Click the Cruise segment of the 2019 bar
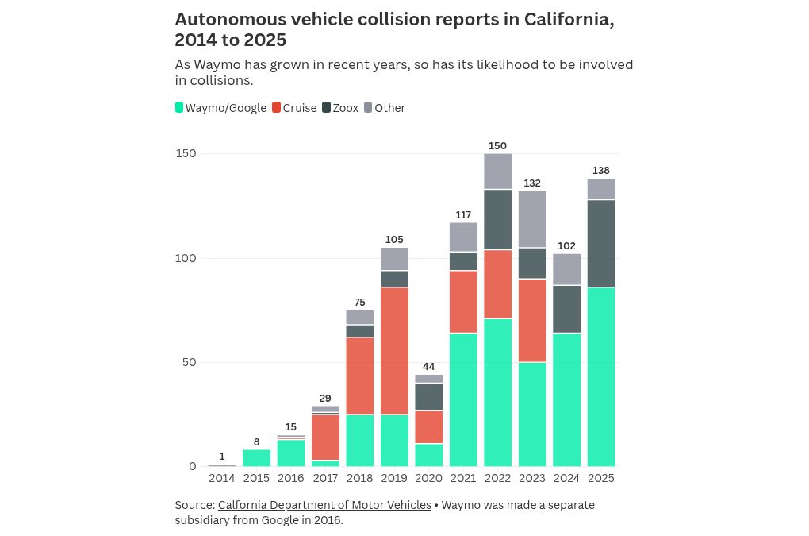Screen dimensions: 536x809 pos(394,350)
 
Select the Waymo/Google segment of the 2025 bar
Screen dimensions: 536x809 pos(601,376)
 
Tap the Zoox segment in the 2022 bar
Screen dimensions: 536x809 pos(497,219)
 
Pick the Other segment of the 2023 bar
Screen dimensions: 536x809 pos(532,219)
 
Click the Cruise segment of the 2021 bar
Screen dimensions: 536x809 pos(463,302)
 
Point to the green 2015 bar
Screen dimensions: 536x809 pos(256,457)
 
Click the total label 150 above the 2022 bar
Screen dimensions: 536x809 pos(497,146)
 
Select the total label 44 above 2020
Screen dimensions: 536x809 pos(428,367)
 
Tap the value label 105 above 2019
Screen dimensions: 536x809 pos(394,240)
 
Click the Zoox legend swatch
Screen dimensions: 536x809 pos(326,107)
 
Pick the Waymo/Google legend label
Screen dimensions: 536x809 pos(226,108)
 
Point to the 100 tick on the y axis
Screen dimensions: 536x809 pos(186,258)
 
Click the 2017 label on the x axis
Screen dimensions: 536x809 pos(325,478)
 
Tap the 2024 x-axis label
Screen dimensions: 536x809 pos(566,478)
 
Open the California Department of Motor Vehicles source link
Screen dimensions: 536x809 pos(324,505)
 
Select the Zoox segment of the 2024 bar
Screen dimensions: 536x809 pos(566,309)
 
